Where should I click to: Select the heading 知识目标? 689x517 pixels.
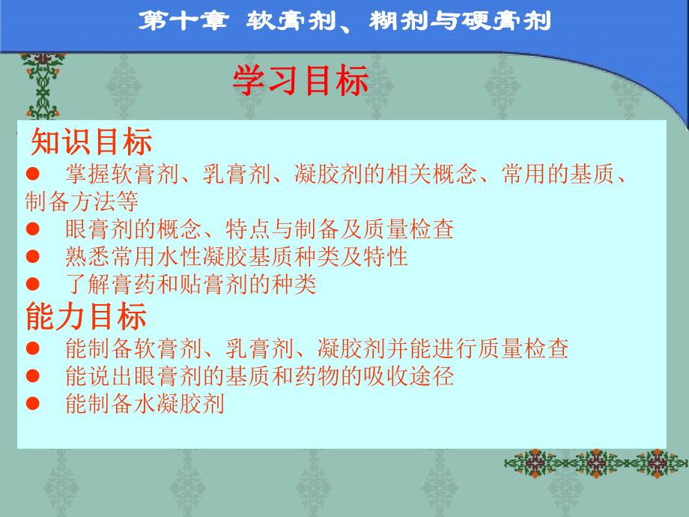[91, 142]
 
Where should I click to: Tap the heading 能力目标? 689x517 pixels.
[86, 316]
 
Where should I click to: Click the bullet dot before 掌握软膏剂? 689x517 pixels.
[31, 175]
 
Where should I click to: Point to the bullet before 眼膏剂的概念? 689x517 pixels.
[31, 229]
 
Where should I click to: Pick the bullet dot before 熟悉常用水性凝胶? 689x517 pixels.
[31, 256]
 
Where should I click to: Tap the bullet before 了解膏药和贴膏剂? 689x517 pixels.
[31, 284]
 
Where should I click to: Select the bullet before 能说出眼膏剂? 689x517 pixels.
[31, 375]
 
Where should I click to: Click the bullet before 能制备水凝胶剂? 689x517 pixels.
[31, 403]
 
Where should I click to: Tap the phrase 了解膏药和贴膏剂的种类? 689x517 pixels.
[191, 284]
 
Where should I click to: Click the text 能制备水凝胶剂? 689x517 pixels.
[145, 403]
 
